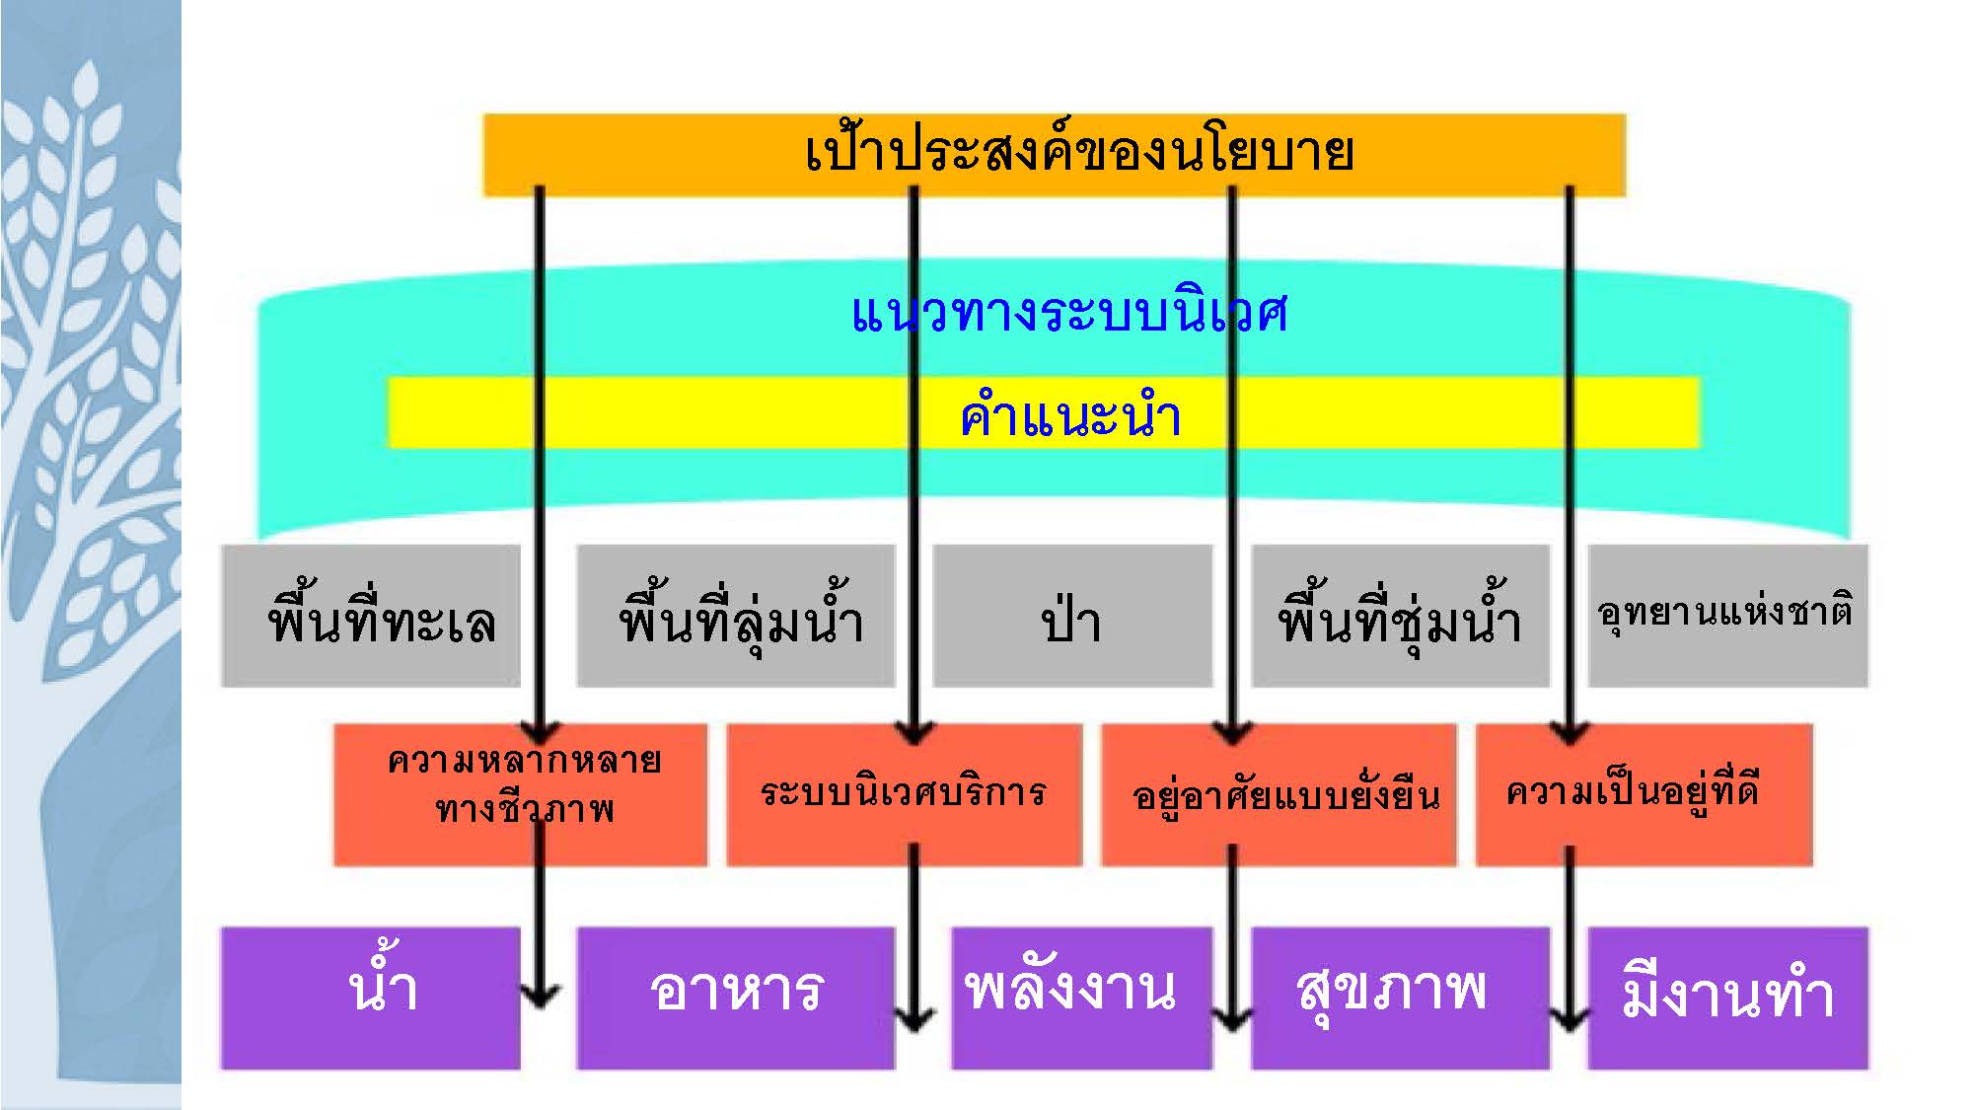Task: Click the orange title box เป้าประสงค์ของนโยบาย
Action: tap(1054, 154)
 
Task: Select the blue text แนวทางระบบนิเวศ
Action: tap(1069, 314)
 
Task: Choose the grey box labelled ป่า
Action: tap(1072, 617)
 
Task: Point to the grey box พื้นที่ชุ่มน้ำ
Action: tap(1400, 617)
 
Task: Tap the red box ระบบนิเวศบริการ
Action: tap(904, 795)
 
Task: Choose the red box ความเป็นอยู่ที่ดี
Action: tap(1644, 795)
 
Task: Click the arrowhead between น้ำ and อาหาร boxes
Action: tap(540, 997)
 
